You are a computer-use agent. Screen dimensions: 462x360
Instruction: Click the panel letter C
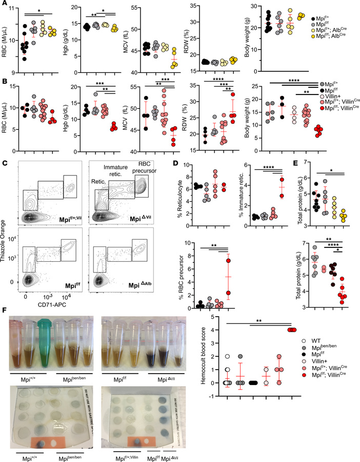point(5,164)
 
